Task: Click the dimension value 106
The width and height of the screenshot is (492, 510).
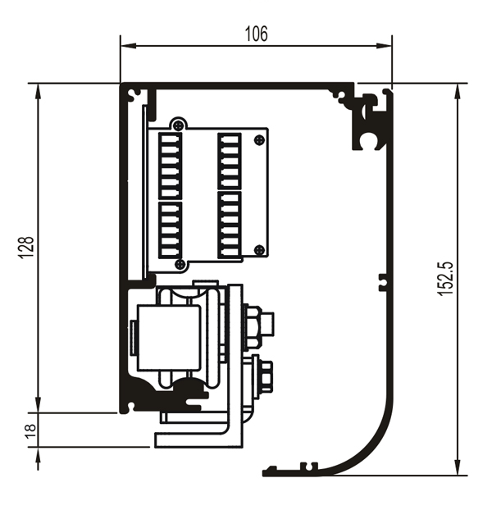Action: (256, 34)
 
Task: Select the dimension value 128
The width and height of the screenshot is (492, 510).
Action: (25, 247)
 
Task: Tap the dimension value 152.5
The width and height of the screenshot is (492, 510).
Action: (444, 279)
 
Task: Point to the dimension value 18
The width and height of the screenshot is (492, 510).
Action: (30, 431)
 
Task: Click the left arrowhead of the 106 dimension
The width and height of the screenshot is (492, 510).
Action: (128, 46)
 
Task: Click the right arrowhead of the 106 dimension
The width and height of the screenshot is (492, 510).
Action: (384, 46)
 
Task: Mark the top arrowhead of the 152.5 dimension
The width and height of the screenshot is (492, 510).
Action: (458, 91)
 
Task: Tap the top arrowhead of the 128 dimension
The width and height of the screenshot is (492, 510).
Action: (38, 91)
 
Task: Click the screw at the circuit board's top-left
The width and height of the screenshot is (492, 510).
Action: (178, 125)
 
